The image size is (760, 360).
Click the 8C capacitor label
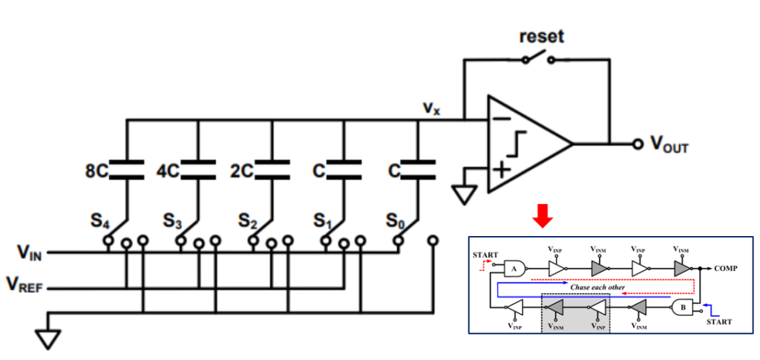coord(97,171)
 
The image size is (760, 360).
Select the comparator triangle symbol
coord(527,144)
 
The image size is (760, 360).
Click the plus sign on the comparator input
coord(502,170)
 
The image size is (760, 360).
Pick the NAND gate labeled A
coord(514,269)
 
